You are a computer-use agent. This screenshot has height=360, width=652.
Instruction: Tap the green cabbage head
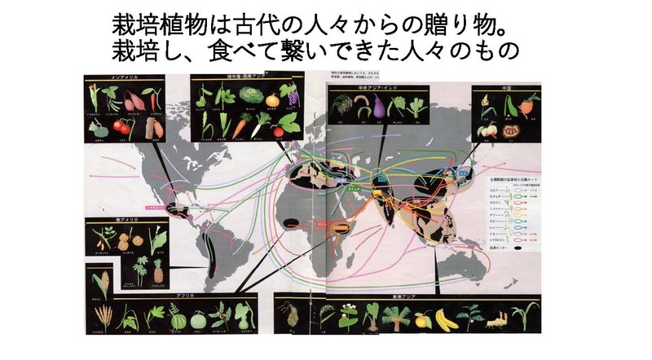(253, 94)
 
